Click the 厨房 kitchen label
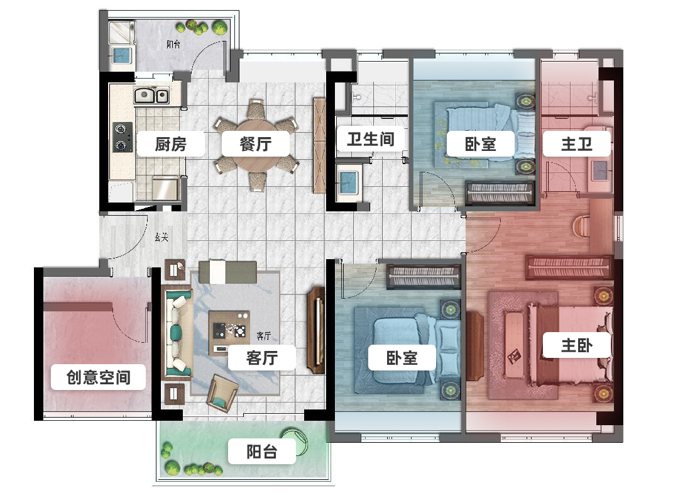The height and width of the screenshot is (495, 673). coord(170,144)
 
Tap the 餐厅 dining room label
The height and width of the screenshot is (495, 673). coord(255,144)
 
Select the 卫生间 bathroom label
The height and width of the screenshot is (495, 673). coord(370,138)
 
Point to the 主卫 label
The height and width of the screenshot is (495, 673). coord(576,144)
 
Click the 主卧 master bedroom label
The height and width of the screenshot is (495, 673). coord(576,345)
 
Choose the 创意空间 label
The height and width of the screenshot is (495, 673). coord(98,377)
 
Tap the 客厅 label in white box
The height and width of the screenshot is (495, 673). coord(261,358)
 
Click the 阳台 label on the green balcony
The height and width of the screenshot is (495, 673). coord(261,452)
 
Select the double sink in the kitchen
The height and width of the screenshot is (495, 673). coord(151,96)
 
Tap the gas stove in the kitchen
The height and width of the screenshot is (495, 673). coord(122,137)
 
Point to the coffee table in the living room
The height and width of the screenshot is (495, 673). coord(229,327)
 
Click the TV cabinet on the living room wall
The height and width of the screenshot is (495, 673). coord(315,331)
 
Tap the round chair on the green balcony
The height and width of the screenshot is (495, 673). coord(295,440)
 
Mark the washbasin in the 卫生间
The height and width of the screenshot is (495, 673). coord(347,181)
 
